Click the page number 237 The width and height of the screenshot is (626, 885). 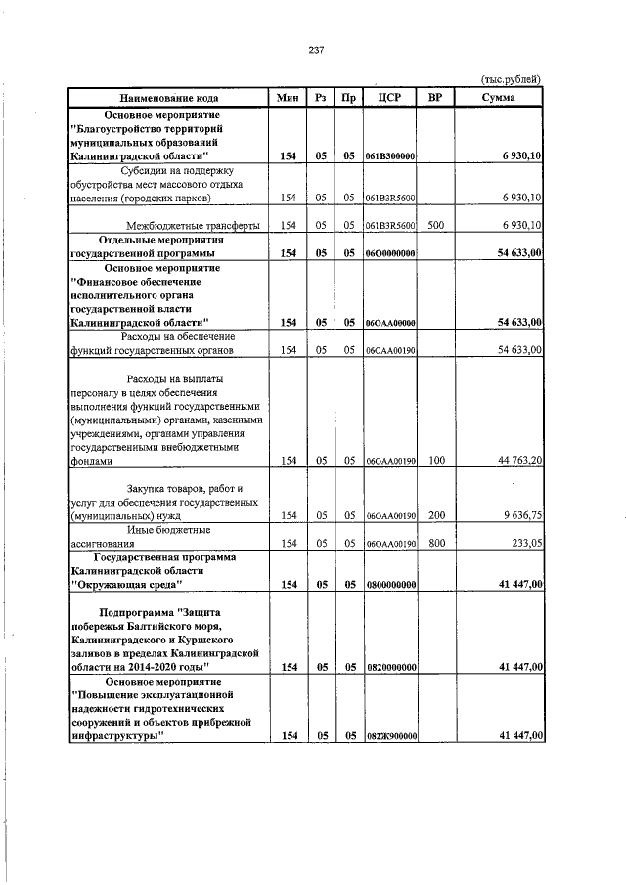click(x=315, y=51)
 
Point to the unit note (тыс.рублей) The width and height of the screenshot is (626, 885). click(x=513, y=80)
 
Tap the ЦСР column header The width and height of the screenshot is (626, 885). click(x=390, y=99)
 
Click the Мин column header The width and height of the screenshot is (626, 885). click(x=288, y=99)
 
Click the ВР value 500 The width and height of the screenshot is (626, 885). click(x=436, y=225)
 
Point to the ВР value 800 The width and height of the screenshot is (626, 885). click(x=436, y=543)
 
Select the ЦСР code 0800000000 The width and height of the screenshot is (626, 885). click(x=390, y=585)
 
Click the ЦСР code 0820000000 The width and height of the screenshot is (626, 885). click(x=390, y=667)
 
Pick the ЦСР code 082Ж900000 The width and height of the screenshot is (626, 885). click(x=390, y=735)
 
